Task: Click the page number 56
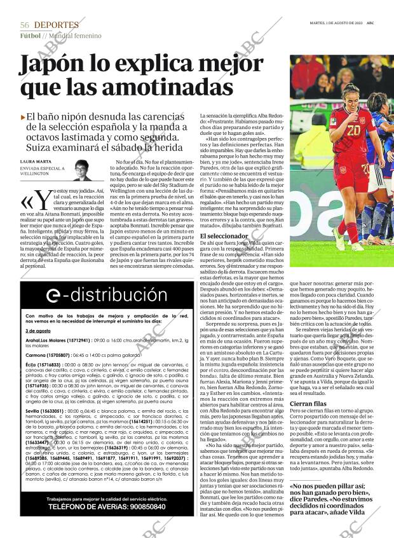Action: pos(25,25)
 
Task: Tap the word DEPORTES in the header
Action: pos(57,25)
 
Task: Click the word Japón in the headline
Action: pos(58,65)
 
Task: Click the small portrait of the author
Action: pos(81,169)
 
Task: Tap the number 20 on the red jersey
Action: pos(353,130)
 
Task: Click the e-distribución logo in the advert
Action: pos(98,294)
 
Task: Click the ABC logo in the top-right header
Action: pos(370,22)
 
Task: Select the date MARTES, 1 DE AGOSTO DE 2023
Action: pos(331,22)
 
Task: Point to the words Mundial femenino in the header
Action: pos(76,36)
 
